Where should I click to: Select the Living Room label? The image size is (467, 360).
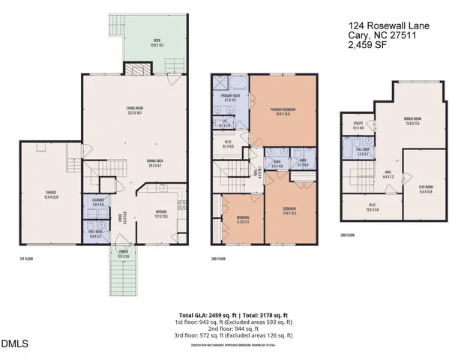(x=135, y=110)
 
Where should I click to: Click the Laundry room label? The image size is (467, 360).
(x=97, y=202)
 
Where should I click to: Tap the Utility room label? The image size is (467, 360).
(x=358, y=126)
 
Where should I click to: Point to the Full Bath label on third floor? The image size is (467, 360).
(x=363, y=151)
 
